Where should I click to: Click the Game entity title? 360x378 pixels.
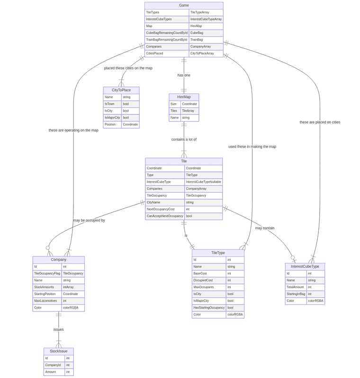click(184, 5)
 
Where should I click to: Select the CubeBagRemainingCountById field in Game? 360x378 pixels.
click(167, 33)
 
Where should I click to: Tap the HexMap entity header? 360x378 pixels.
click(184, 97)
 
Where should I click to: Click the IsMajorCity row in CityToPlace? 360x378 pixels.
click(112, 118)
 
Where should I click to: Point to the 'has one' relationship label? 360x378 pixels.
click(184, 75)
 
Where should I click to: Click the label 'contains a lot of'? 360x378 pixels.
click(184, 140)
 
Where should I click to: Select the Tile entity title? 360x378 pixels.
click(184, 161)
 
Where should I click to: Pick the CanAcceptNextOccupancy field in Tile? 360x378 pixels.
click(165, 216)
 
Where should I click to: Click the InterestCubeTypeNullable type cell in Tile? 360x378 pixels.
click(203, 182)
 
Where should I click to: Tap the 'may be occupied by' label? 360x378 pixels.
click(89, 220)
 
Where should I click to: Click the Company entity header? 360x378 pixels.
click(59, 260)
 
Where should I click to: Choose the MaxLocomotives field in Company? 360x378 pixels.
click(47, 301)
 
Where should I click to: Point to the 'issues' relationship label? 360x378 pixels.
click(59, 330)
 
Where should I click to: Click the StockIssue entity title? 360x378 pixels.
click(59, 352)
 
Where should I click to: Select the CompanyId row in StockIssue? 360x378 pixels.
click(54, 365)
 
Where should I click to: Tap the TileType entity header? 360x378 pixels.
click(218, 253)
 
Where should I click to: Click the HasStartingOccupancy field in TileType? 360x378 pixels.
click(209, 308)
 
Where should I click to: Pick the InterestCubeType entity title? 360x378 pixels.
click(305, 267)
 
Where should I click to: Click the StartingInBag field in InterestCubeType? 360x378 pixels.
click(296, 294)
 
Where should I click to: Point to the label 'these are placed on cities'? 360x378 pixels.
click(320, 123)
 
